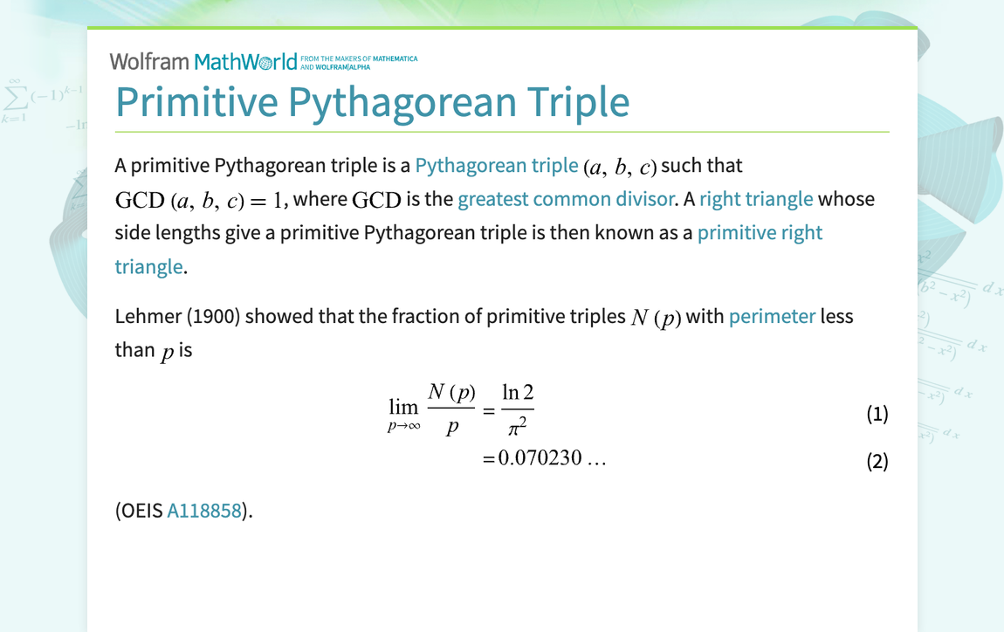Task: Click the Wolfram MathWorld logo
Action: click(263, 61)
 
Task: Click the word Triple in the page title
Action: click(578, 102)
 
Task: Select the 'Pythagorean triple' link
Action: click(496, 165)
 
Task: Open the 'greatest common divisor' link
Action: click(566, 199)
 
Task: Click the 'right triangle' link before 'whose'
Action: click(755, 199)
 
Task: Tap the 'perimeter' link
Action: click(772, 316)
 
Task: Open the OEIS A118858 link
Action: click(204, 511)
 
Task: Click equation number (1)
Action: click(877, 414)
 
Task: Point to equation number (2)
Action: click(877, 461)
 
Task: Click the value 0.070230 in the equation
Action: click(540, 457)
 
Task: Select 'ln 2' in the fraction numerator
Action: click(518, 392)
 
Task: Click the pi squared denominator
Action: click(518, 427)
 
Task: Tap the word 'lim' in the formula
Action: click(403, 407)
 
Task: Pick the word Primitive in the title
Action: click(197, 102)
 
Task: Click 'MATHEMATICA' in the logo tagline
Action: click(395, 58)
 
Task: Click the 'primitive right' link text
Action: click(760, 232)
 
